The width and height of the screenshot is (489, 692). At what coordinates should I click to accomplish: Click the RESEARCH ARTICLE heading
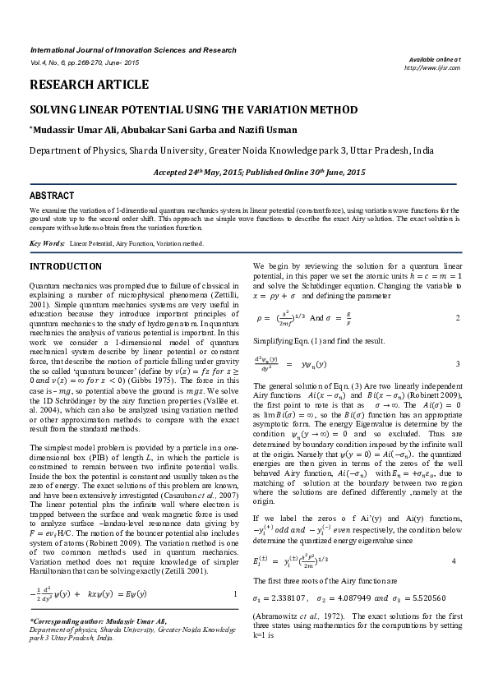[89, 85]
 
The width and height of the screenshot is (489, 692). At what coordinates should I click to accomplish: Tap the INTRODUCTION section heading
[66, 267]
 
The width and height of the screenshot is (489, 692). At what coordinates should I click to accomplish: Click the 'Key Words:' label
[47, 244]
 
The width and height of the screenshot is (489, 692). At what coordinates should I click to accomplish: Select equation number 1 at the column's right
[236, 593]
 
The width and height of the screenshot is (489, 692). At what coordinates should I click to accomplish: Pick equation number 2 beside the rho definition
[457, 317]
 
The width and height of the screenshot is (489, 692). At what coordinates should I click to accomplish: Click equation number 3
[457, 363]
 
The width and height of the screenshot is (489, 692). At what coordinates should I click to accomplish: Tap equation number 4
[454, 537]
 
